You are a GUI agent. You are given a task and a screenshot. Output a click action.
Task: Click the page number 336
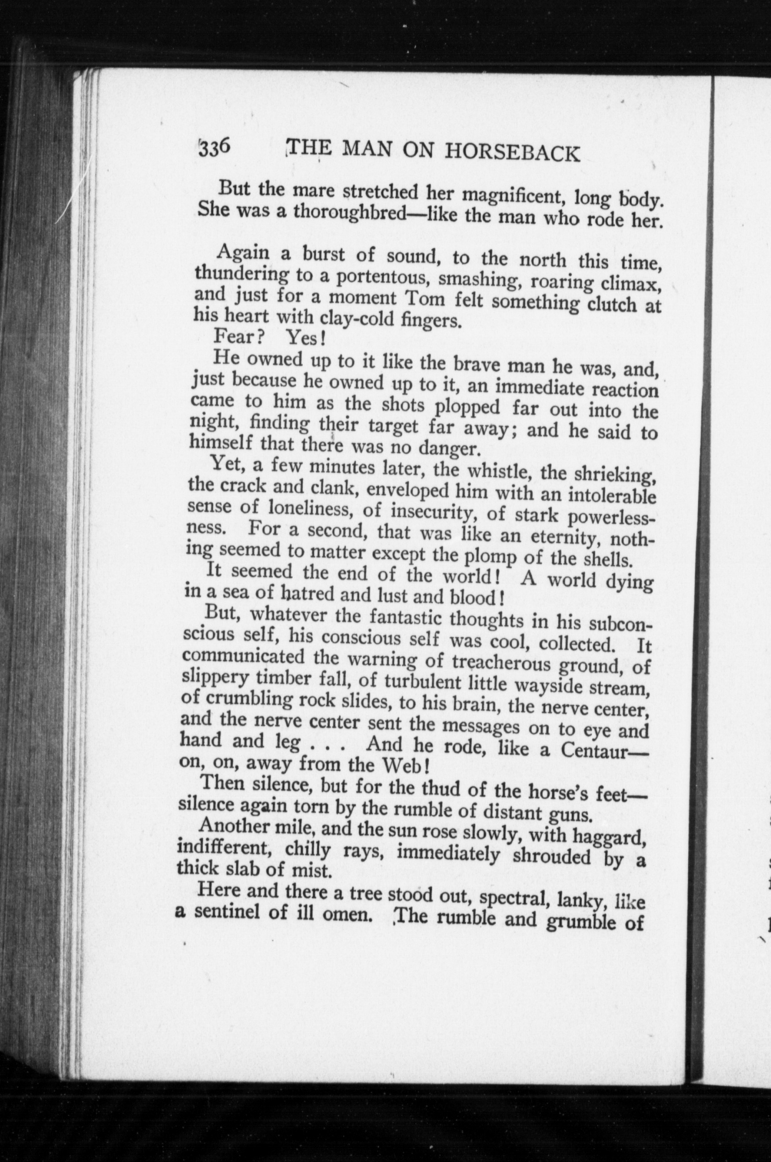point(214,147)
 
